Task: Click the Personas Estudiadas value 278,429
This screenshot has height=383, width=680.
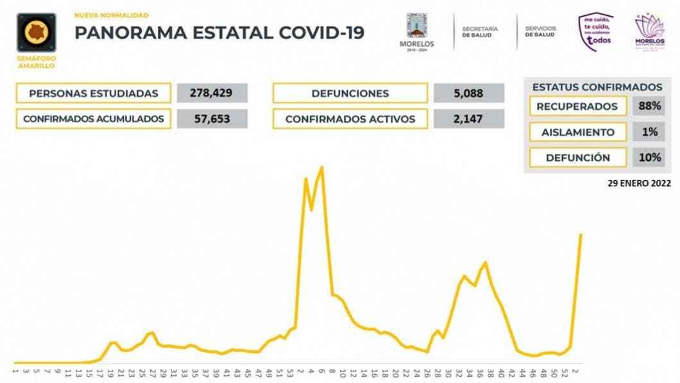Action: point(211,94)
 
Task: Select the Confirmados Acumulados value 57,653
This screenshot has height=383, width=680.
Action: point(211,119)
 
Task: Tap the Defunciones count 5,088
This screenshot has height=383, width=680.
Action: point(469,94)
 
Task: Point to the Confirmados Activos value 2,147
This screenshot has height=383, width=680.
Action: point(469,119)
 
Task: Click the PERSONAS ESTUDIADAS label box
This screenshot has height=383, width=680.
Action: point(94,94)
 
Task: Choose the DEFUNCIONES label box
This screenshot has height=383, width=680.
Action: point(350,94)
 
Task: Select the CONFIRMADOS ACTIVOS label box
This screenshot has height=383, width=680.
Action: point(350,119)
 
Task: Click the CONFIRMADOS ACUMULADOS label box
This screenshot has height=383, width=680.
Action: point(94,119)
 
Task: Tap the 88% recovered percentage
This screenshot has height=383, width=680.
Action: point(649,106)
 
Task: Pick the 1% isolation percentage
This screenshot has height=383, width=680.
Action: point(649,132)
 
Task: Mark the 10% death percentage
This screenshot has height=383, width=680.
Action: point(649,157)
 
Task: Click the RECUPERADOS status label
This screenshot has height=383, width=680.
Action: point(577,106)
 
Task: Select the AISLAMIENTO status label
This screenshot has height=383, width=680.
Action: point(577,132)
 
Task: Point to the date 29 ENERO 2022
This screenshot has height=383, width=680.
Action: point(640,183)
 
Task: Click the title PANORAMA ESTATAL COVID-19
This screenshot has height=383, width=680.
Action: point(219,33)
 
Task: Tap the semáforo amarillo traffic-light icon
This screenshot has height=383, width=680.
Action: point(36,33)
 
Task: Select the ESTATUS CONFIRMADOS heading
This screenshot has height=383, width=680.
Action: point(597,87)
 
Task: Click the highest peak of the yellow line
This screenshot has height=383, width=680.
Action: point(321,168)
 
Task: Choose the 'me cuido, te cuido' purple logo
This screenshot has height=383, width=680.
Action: point(595,31)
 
